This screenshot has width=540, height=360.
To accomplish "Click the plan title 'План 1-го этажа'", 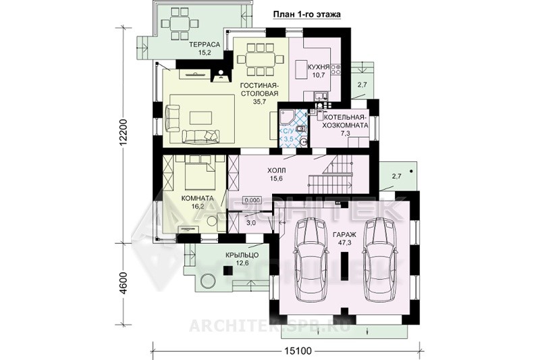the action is pyautogui.click(x=306, y=15).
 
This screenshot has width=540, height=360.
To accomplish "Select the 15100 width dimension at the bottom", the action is pyautogui.click(x=298, y=351).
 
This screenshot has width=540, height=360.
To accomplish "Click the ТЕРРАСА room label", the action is pyautogui.click(x=205, y=45).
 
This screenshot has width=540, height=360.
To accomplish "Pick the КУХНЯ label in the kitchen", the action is pyautogui.click(x=319, y=67).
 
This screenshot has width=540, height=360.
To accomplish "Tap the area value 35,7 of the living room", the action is pyautogui.click(x=259, y=101).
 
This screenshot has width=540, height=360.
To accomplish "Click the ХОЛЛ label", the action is pyautogui.click(x=277, y=170).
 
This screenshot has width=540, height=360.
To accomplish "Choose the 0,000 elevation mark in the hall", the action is pyautogui.click(x=252, y=200).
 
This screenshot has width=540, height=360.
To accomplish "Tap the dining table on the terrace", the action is pyautogui.click(x=180, y=24).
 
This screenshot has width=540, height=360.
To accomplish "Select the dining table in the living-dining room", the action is pyautogui.click(x=261, y=58).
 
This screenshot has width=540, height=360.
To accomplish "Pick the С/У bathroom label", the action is pyautogui.click(x=288, y=130).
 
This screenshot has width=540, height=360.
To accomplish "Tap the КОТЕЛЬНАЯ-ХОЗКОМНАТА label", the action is pyautogui.click(x=346, y=122).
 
